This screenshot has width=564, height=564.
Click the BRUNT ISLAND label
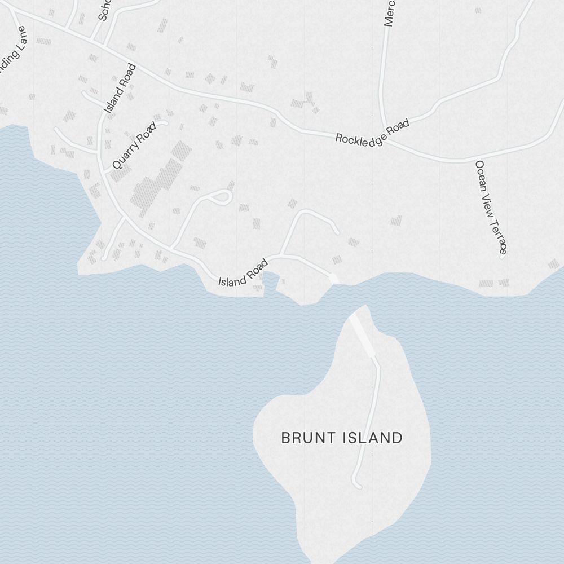click(x=342, y=438)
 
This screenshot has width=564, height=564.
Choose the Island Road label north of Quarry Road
click(x=120, y=89)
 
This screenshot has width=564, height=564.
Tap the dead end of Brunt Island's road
click(x=356, y=485)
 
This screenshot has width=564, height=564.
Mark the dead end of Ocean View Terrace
click(x=501, y=255)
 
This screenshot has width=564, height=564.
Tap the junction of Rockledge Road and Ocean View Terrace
click(x=474, y=160)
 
